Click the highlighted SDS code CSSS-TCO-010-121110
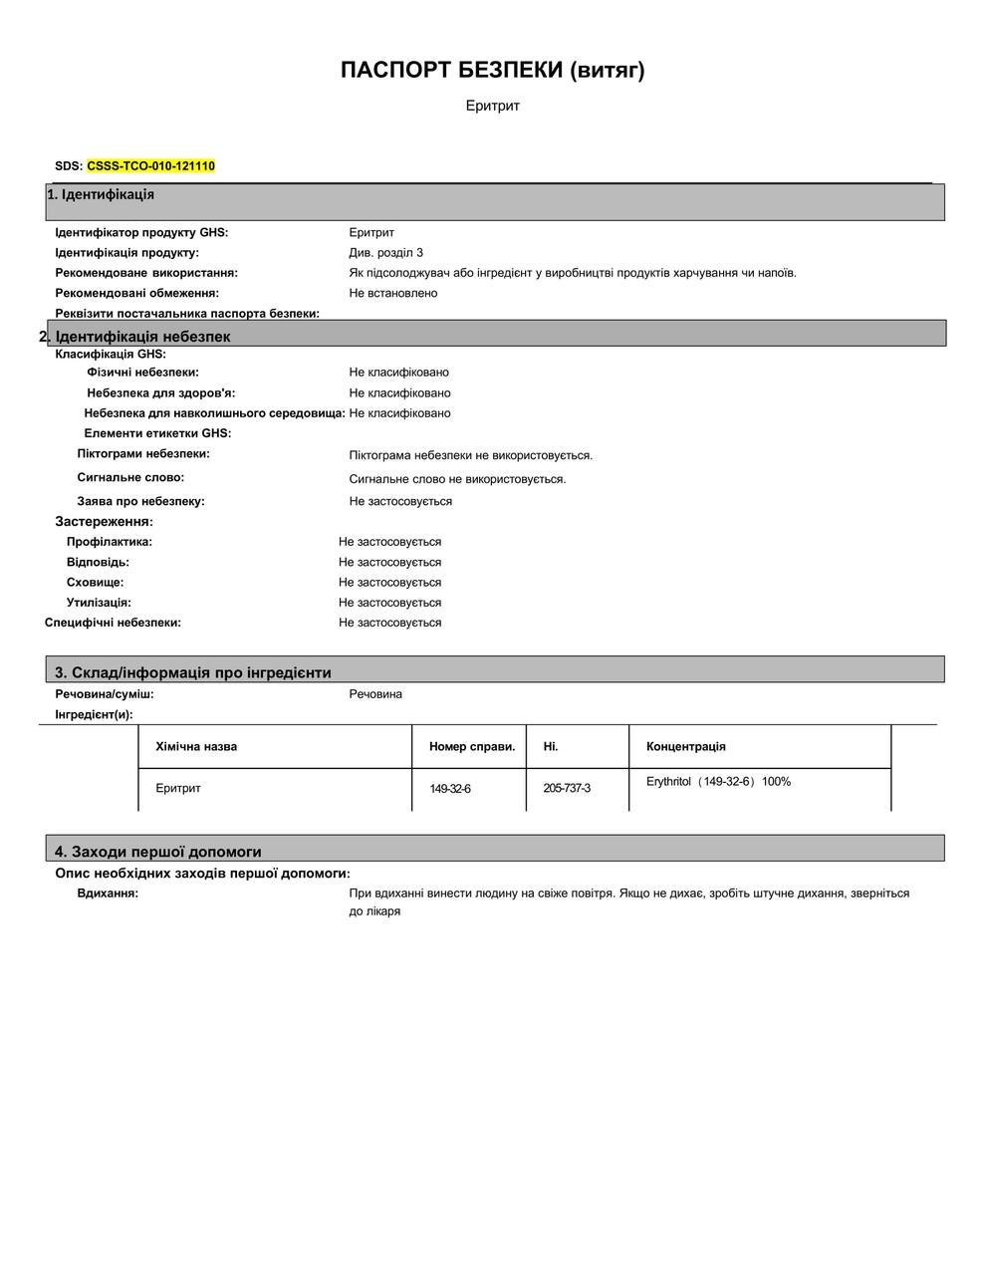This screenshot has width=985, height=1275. (150, 166)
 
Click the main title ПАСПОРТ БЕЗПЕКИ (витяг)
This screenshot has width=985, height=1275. (492, 71)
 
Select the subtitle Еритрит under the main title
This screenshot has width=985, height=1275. (492, 106)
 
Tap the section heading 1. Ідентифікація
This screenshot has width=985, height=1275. (101, 194)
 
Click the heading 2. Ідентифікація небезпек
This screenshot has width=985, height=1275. (135, 337)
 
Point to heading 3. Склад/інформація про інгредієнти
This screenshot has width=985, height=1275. (192, 672)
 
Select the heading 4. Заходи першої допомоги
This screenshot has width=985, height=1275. (157, 852)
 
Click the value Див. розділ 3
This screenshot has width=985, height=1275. (385, 253)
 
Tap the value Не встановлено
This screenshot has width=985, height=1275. (392, 293)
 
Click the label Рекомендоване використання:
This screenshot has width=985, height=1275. (146, 273)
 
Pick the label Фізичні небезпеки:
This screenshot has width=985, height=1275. (142, 373)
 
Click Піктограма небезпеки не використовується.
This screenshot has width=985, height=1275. (470, 455)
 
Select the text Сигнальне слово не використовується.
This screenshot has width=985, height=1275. (457, 479)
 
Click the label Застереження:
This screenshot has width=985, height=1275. (104, 522)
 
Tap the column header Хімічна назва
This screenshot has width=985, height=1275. (196, 746)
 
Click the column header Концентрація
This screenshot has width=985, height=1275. (685, 746)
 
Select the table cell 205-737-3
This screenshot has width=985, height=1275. (567, 788)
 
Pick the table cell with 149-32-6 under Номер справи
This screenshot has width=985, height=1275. (450, 789)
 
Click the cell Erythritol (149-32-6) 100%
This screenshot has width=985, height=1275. (718, 782)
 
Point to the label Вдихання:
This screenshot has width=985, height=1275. (108, 893)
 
